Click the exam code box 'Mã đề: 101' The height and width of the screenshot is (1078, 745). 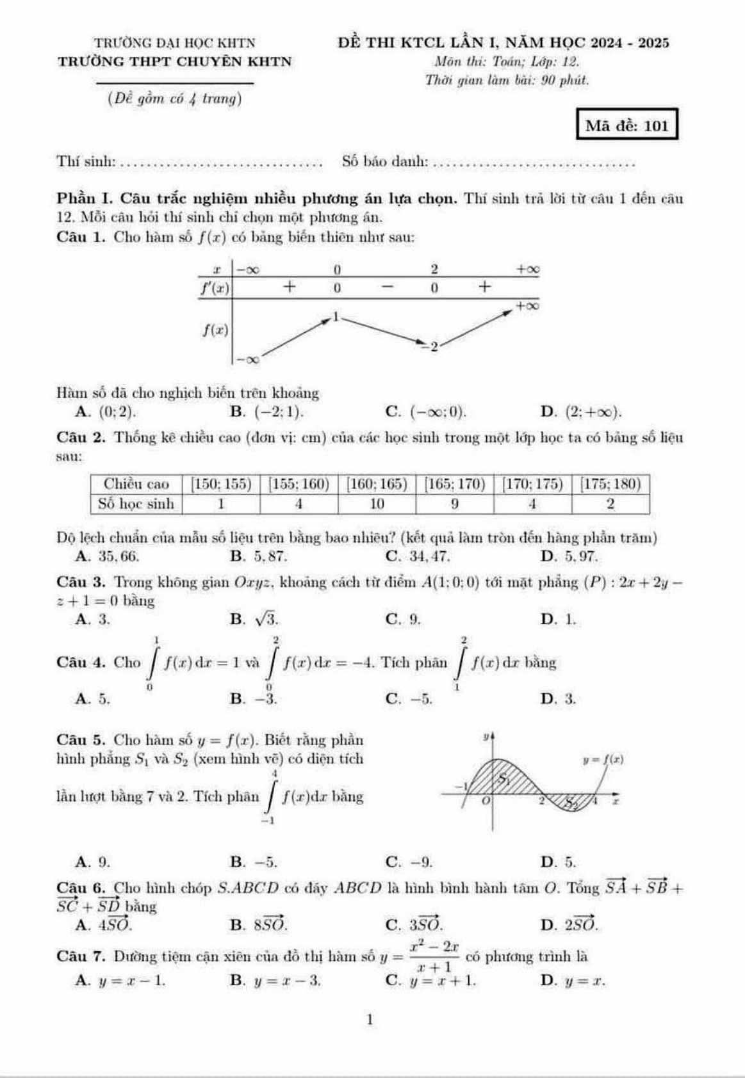(626, 125)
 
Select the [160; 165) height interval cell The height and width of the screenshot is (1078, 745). (377, 484)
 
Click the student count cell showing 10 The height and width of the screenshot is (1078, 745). (377, 504)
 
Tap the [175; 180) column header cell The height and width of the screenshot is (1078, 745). (610, 484)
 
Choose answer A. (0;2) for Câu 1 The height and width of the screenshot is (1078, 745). (106, 412)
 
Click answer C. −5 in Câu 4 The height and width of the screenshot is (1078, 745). (410, 699)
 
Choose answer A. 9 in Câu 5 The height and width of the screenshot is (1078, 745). (93, 862)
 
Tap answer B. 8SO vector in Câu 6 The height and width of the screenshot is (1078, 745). (259, 924)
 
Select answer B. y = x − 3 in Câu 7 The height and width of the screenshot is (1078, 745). (275, 980)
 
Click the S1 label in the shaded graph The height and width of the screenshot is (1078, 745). (504, 779)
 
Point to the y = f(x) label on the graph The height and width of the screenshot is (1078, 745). (602, 760)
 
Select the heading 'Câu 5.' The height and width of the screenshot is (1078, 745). (81, 740)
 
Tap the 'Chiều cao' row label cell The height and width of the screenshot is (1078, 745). (136, 484)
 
